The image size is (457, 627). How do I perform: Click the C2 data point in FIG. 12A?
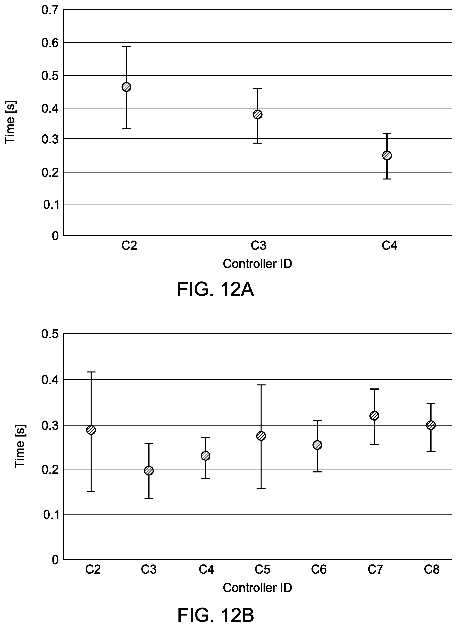point(127,87)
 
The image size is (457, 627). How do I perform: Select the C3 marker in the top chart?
point(258,114)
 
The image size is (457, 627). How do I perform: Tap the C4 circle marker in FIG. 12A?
point(387,156)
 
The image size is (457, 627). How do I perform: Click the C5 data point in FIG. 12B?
point(261,436)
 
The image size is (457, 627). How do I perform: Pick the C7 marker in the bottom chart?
point(374,416)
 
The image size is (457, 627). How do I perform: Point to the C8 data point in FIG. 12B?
point(431,425)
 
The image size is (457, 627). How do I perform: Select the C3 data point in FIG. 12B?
point(149,471)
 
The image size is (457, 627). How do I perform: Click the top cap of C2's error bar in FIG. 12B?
point(91,372)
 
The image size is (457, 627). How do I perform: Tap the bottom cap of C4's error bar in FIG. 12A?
point(387,179)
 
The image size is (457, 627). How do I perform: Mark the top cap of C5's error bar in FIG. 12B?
point(261,385)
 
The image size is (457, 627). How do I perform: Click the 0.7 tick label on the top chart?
point(50,10)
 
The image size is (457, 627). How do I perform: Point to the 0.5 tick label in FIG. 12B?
point(50,334)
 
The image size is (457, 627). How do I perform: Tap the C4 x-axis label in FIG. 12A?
point(389,246)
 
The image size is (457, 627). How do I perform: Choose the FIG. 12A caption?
point(215,290)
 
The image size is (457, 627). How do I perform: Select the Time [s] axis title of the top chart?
point(10,122)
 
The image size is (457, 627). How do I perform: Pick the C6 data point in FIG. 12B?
point(317,445)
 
